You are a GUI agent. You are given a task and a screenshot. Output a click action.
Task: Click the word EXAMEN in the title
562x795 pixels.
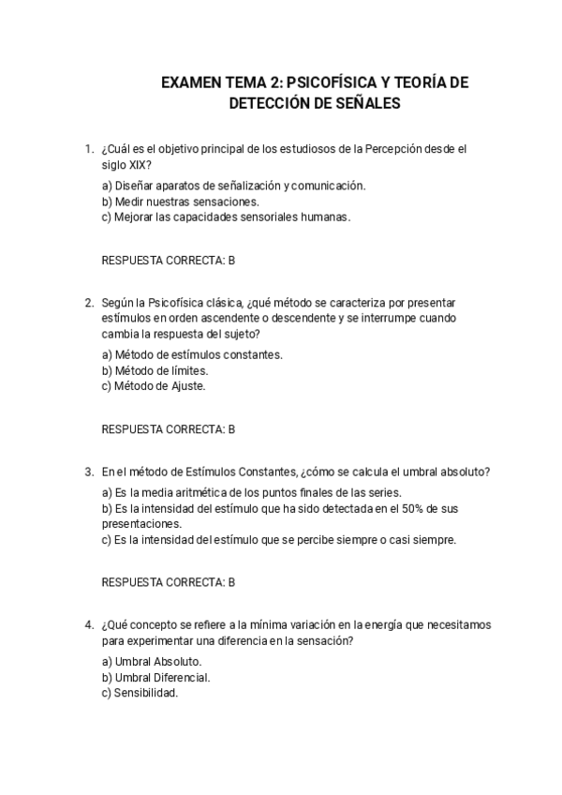point(190,83)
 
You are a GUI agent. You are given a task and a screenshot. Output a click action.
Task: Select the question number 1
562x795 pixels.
point(88,148)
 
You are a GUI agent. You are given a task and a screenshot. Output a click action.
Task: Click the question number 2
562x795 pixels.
point(88,302)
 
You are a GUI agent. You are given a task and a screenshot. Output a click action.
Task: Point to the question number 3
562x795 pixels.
point(88,471)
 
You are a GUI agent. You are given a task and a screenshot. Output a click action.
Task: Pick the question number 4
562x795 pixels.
point(88,624)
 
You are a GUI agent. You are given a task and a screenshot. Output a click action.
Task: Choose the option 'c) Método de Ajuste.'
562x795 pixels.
point(154,385)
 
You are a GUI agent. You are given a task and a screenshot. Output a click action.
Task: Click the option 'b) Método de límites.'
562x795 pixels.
point(155,370)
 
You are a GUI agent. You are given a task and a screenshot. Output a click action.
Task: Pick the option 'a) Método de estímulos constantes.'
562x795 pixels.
point(192,354)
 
